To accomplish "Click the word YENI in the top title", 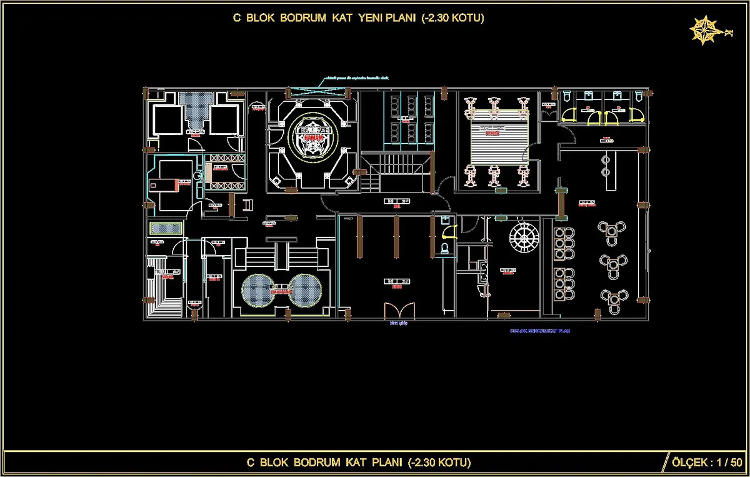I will (374, 18).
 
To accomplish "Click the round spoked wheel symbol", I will (523, 239).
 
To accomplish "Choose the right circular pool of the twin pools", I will (306, 290).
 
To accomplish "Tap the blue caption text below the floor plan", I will (540, 331).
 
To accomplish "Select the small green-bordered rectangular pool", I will (166, 229).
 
